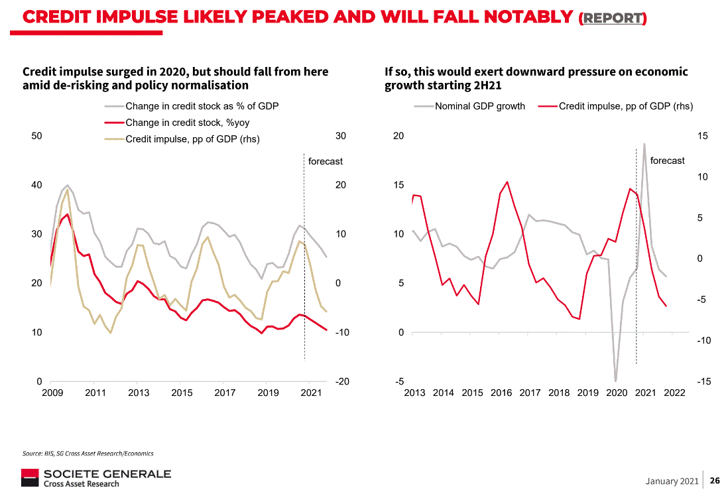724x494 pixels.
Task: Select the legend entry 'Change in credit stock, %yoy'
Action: tap(187, 123)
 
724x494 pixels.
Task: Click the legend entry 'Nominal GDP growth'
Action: tap(479, 106)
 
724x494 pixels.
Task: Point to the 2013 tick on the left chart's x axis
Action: tap(139, 393)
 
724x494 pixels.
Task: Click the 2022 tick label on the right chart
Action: tap(674, 393)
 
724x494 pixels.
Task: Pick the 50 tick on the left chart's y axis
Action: tap(37, 136)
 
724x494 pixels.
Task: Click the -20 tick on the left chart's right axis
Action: tap(342, 381)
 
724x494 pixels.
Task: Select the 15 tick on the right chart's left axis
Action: tap(398, 185)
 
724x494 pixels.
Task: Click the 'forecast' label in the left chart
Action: tap(326, 161)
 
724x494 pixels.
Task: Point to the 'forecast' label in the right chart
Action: tap(667, 160)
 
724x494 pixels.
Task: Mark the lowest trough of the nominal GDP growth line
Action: tap(616, 381)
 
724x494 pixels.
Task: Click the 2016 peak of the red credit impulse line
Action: tap(507, 182)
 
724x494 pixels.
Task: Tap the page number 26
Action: tap(715, 480)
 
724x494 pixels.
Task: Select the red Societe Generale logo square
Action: tap(30, 477)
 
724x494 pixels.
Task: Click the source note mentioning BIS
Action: tap(88, 454)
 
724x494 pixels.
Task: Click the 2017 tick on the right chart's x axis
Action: tap(530, 393)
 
